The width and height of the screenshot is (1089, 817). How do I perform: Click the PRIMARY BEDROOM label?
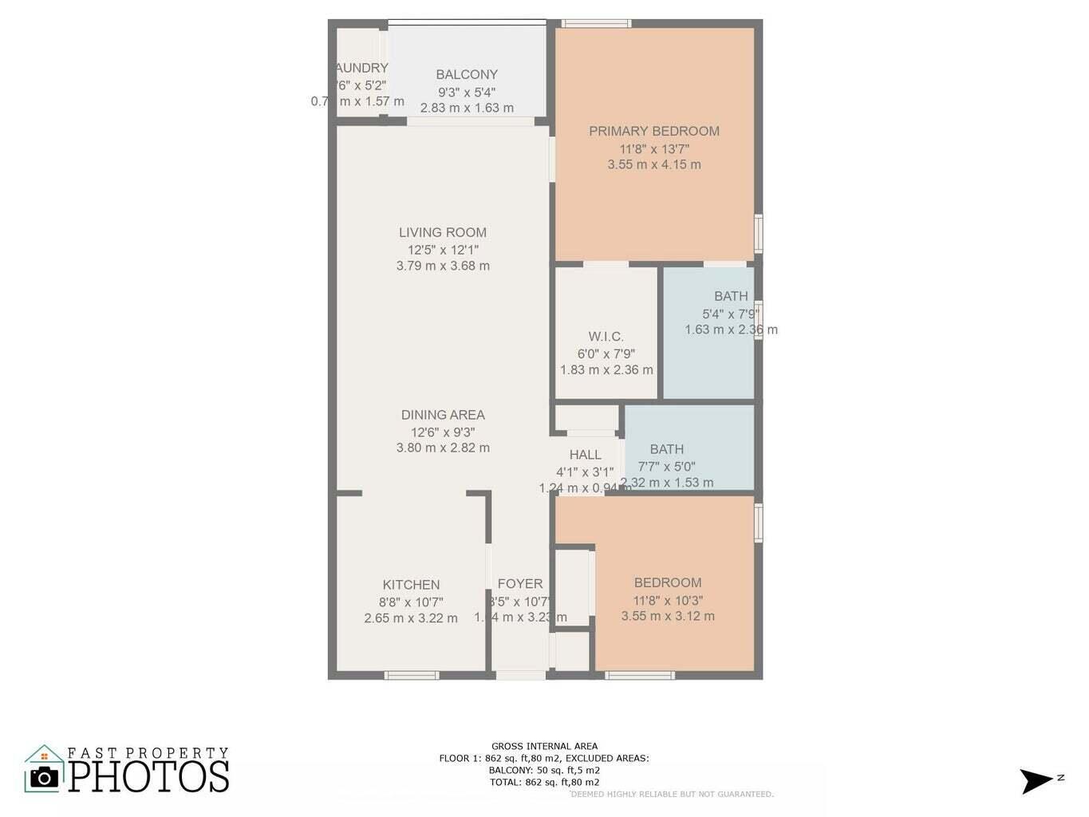(x=653, y=131)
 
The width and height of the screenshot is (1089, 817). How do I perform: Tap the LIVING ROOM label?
(x=442, y=232)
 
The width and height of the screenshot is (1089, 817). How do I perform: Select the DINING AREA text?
(x=442, y=414)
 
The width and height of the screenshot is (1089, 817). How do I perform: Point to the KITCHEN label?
(x=411, y=584)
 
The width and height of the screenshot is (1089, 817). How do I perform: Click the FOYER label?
(x=519, y=583)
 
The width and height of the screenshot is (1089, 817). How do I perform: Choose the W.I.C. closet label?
(x=606, y=337)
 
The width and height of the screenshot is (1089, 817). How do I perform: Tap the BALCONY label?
(x=466, y=74)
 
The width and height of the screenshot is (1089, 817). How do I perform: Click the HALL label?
(x=585, y=454)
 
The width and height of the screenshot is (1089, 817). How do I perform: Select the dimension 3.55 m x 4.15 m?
(x=653, y=164)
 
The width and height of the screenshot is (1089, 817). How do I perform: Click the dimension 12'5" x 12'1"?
(x=442, y=250)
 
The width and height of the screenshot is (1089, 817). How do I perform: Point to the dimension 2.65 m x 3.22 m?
(x=411, y=618)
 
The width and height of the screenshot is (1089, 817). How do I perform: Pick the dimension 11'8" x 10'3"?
(x=668, y=600)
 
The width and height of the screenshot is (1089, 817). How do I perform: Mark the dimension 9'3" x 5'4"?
(x=466, y=92)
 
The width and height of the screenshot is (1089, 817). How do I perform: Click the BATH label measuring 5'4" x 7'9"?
(x=731, y=296)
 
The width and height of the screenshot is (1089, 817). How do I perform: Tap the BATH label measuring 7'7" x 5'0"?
(x=666, y=448)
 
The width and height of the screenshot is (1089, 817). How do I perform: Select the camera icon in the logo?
(x=44, y=776)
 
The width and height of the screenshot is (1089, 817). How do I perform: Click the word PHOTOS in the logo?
(x=149, y=776)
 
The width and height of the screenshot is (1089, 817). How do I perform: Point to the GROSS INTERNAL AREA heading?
(x=544, y=746)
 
